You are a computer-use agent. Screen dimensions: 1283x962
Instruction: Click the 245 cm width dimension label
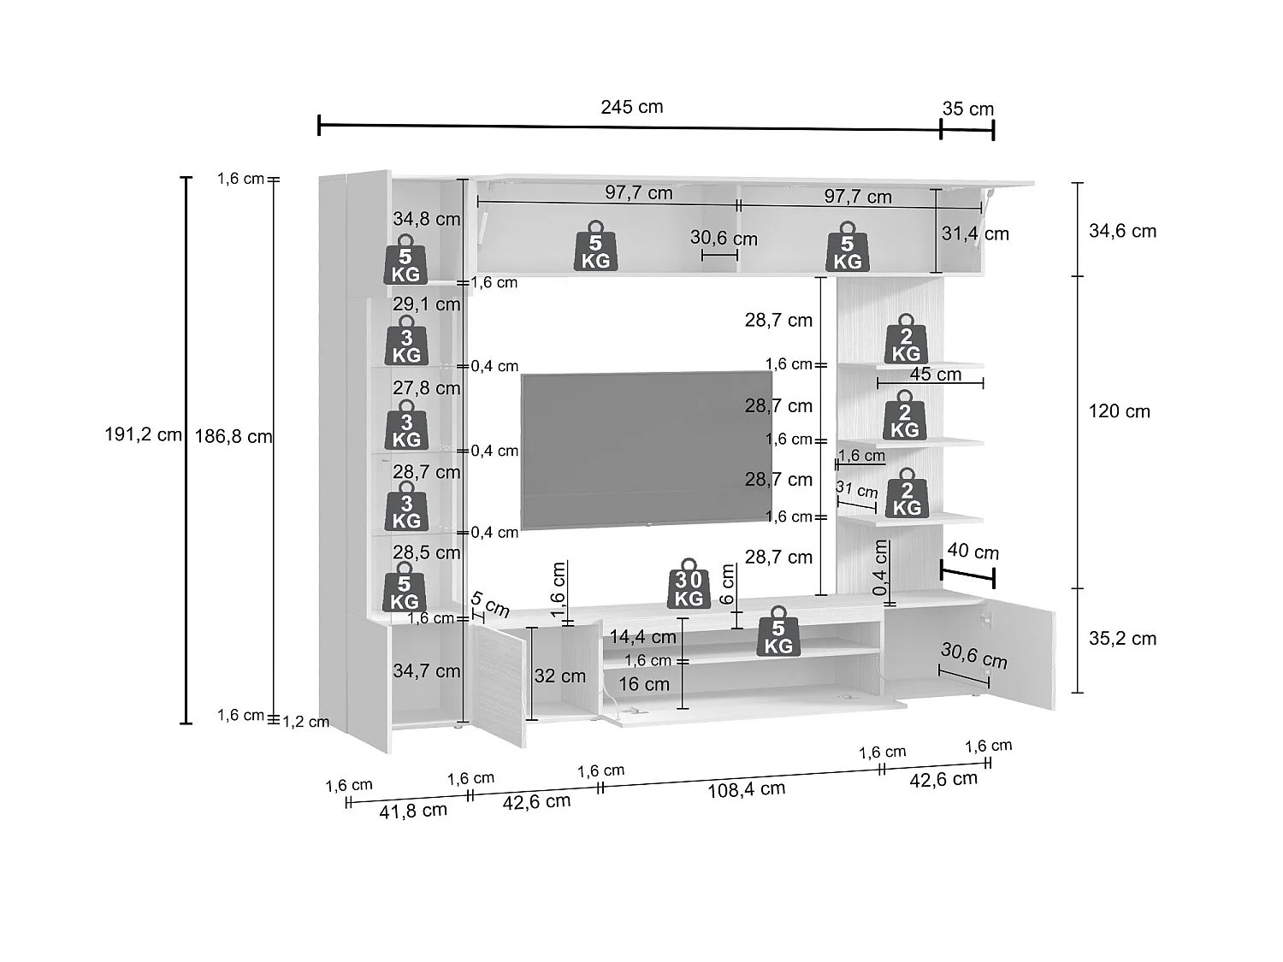[632, 107]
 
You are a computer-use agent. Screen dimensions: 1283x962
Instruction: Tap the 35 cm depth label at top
[968, 109]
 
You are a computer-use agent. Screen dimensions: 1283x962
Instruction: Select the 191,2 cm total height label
[143, 434]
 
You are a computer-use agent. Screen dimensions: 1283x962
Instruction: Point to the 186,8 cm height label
[234, 436]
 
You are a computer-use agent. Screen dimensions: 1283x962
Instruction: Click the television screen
[647, 451]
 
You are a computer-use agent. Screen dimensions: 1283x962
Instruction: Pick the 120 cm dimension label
[1120, 411]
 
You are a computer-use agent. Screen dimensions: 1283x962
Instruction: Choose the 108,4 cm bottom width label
[747, 789]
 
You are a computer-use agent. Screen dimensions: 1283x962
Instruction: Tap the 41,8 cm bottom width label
[413, 811]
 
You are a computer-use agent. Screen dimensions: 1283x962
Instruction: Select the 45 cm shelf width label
[935, 374]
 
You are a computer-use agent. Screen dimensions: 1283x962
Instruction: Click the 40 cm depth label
[973, 551]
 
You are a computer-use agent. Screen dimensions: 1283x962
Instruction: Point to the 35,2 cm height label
[1122, 639]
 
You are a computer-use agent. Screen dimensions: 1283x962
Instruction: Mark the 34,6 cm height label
[1122, 231]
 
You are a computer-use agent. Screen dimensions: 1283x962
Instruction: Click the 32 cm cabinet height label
[560, 676]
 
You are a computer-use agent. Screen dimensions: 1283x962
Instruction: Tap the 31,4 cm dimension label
[975, 233]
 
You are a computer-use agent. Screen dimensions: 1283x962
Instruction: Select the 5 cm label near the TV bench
[490, 604]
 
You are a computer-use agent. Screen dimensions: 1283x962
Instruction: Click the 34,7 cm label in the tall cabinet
[427, 671]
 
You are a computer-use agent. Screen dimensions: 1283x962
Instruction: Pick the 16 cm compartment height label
[644, 684]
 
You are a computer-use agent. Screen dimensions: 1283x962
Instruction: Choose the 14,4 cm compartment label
[643, 637]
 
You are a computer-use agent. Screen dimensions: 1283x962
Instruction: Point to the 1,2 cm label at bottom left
[305, 722]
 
